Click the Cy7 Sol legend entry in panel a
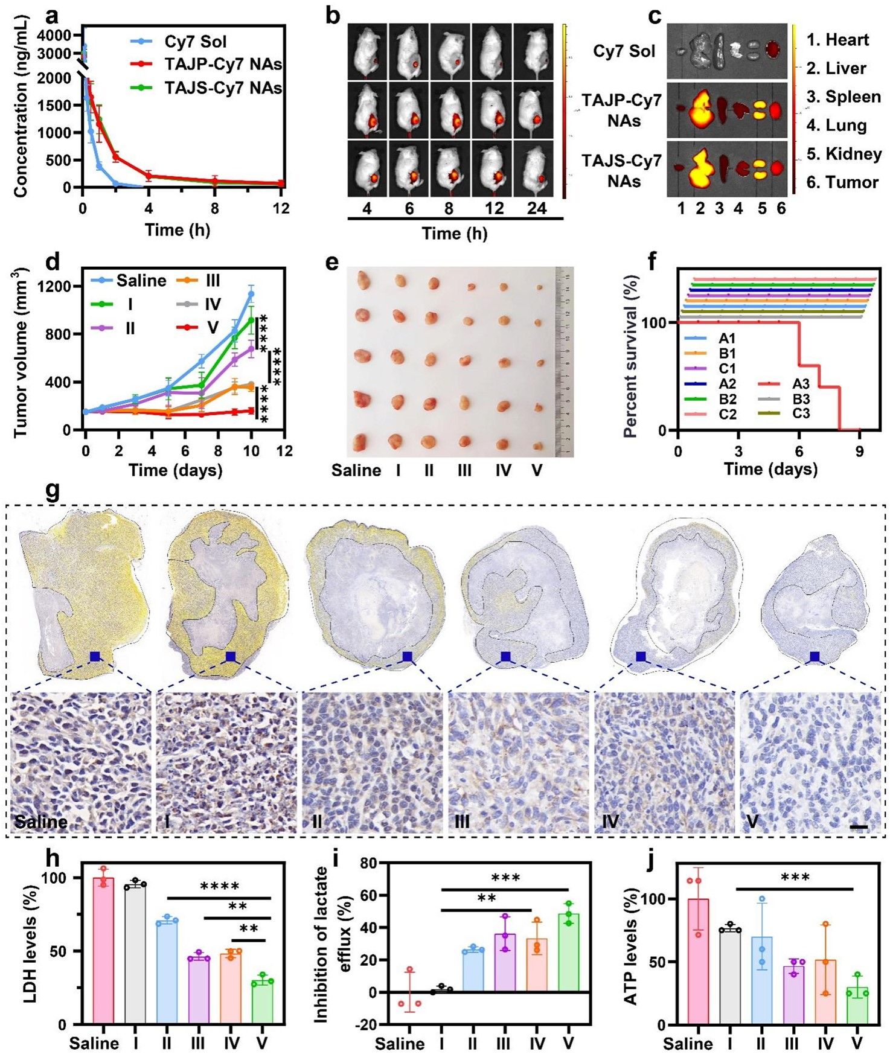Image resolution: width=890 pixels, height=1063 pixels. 194,42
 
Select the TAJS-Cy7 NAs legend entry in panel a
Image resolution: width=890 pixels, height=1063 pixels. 222,88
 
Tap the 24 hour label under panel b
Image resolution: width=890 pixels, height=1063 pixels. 536,209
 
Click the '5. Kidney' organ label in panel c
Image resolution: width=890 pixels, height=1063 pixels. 844,154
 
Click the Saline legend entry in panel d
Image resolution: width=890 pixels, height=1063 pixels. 141,281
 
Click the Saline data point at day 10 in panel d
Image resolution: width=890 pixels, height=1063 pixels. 251,295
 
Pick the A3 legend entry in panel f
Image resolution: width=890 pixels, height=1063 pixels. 800,384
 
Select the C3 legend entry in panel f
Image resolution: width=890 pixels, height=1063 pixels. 800,413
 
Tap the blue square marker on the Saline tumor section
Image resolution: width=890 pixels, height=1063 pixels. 95,657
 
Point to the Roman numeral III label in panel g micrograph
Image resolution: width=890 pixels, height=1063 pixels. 462,822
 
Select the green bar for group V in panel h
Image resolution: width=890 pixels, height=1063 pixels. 263,1003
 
